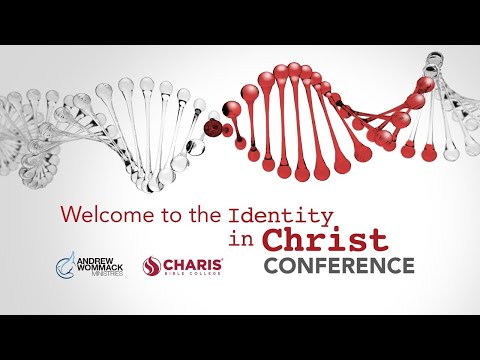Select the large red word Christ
point(325,240)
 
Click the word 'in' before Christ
point(241,241)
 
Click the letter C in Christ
point(275,240)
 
